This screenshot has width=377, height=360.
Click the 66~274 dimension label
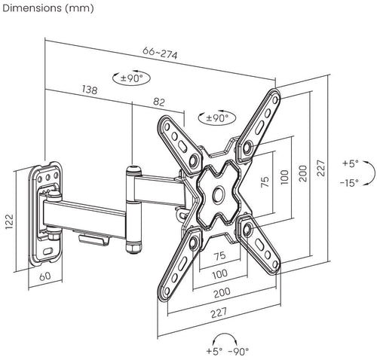(x=160, y=53)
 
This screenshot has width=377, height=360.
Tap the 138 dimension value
(x=90, y=90)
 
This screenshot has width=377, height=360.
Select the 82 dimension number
(x=159, y=102)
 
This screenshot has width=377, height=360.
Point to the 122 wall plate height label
(x=10, y=221)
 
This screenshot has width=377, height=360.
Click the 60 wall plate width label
(x=45, y=276)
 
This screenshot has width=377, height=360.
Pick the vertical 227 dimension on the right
(x=321, y=168)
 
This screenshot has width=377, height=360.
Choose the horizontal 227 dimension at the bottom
(x=219, y=313)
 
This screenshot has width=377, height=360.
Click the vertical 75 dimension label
(x=265, y=182)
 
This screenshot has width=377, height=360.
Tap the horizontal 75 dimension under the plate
(x=219, y=256)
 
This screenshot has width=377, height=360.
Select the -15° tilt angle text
(x=349, y=183)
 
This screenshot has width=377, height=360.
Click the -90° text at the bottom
(x=238, y=351)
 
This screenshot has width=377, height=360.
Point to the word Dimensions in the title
(x=32, y=8)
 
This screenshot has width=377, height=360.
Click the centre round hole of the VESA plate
(x=218, y=194)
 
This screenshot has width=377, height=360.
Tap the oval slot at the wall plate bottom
(x=48, y=251)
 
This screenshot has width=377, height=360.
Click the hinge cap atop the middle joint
(x=133, y=170)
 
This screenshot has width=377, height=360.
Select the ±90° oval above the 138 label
(x=131, y=78)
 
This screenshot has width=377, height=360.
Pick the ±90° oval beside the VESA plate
(x=217, y=117)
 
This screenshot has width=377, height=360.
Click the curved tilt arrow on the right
(x=372, y=173)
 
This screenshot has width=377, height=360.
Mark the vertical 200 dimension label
(x=303, y=173)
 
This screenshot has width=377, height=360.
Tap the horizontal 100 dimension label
(x=220, y=274)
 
